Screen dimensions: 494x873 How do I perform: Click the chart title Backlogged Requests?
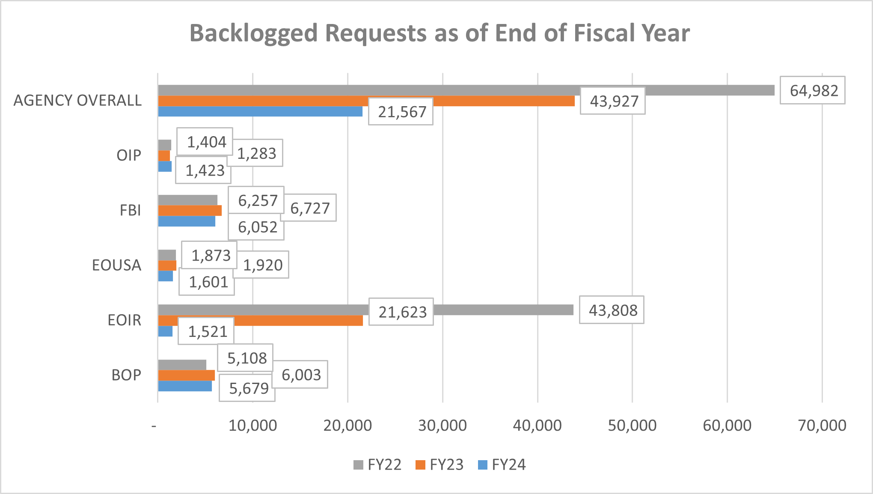439,33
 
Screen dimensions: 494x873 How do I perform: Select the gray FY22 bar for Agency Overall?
466,90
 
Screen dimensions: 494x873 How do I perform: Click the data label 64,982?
812,90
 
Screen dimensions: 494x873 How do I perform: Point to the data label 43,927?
613,101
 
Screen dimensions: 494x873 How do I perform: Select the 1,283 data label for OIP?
256,153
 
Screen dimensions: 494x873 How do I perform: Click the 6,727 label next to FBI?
309,208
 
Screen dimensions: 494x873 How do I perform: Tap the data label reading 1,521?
207,331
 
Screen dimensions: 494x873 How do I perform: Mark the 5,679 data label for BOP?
248,388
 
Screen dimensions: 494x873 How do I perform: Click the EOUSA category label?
116,265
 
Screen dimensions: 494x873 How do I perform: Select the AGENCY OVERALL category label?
77,101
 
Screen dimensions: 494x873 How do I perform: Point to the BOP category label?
126,375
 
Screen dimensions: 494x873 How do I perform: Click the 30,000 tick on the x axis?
442,426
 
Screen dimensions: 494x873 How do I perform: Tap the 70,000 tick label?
822,426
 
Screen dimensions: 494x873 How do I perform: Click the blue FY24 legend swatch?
482,465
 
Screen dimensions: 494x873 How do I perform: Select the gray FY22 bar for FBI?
187,200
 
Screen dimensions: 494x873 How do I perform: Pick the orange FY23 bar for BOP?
186,375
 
